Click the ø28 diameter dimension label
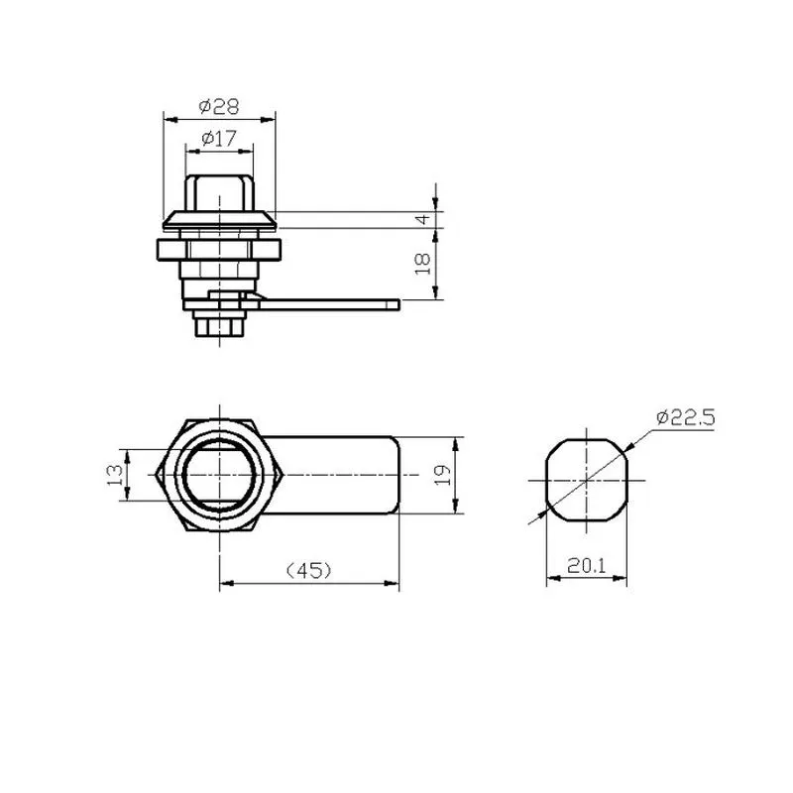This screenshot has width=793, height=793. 218,106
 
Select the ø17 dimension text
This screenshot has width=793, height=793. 218,138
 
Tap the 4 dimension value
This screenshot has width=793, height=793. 423,219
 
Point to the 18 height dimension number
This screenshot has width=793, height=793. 423,264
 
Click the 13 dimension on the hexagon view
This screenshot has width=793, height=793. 115,475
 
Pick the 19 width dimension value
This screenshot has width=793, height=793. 442,475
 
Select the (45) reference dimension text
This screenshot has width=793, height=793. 309,571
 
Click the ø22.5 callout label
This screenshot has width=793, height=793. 685,417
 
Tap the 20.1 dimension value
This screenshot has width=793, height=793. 586,565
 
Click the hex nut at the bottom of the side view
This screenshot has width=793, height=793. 219,324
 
